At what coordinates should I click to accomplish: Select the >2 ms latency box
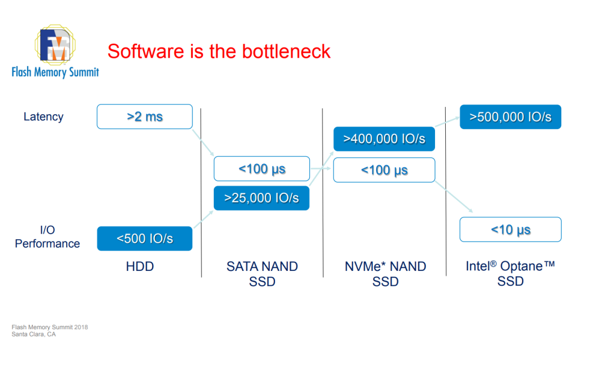(145, 117)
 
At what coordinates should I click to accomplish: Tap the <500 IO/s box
(145, 238)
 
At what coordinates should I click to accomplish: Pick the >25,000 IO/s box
(261, 198)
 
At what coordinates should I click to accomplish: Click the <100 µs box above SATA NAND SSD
(261, 169)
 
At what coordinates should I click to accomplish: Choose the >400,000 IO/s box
(384, 139)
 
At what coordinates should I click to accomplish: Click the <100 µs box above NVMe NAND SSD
(384, 170)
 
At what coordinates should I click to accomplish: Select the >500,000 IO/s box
(510, 117)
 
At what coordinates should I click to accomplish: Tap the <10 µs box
(510, 230)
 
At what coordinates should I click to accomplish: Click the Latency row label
(44, 117)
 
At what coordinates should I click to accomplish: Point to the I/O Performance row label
(48, 237)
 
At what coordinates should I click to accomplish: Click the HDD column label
(140, 266)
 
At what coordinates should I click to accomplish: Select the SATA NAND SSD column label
(262, 274)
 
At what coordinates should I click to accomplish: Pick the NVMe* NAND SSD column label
(385, 274)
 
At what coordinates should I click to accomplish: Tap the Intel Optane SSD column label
(510, 274)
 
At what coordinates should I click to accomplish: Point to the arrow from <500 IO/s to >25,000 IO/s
(203, 219)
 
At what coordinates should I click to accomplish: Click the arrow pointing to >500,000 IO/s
(447, 123)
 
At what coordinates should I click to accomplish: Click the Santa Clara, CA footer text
(34, 334)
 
